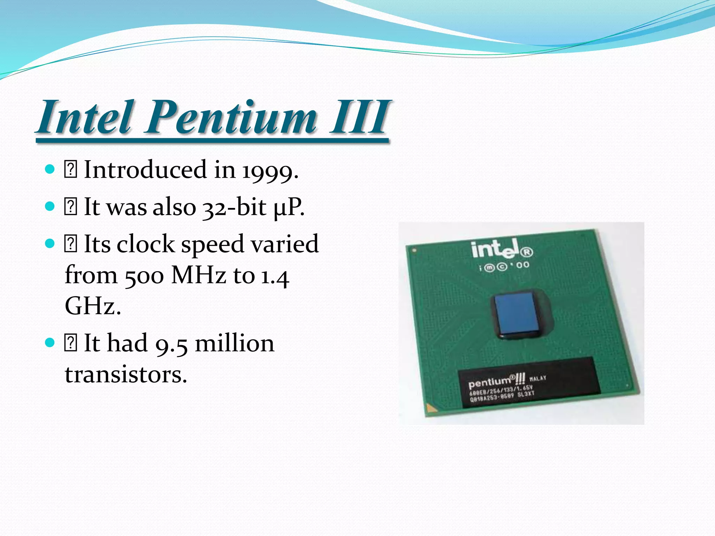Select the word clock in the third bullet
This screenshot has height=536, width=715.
click(146, 244)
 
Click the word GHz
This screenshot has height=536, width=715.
click(93, 306)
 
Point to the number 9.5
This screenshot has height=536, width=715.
click(171, 344)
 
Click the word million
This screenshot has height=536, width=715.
click(235, 343)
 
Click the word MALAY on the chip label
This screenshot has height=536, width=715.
click(538, 378)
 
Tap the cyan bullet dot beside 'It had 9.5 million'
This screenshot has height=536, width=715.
click(50, 343)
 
